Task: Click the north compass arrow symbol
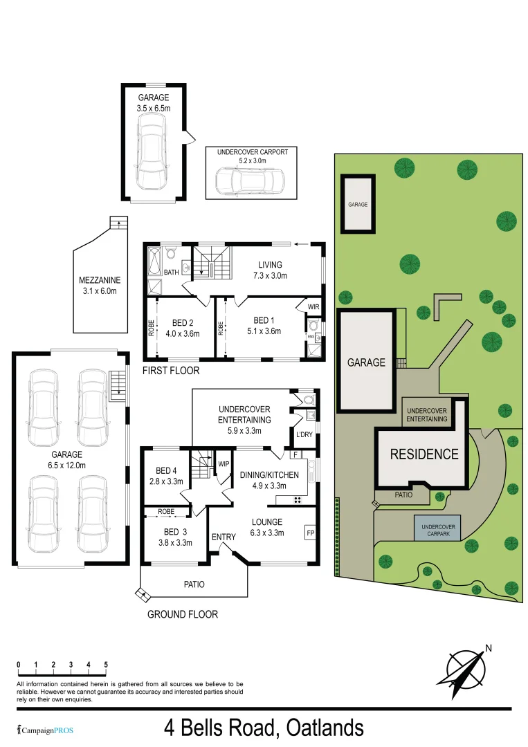point(468,669)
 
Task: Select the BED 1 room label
point(264,320)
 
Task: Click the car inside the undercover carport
point(249,182)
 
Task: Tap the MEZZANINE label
point(100,280)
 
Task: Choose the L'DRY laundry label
point(305,435)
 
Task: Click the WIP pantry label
point(224,464)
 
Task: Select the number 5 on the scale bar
point(106,664)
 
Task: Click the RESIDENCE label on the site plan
point(424,454)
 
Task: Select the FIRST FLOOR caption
point(170,371)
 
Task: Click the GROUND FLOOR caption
point(182,614)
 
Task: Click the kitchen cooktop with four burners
point(298,499)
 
